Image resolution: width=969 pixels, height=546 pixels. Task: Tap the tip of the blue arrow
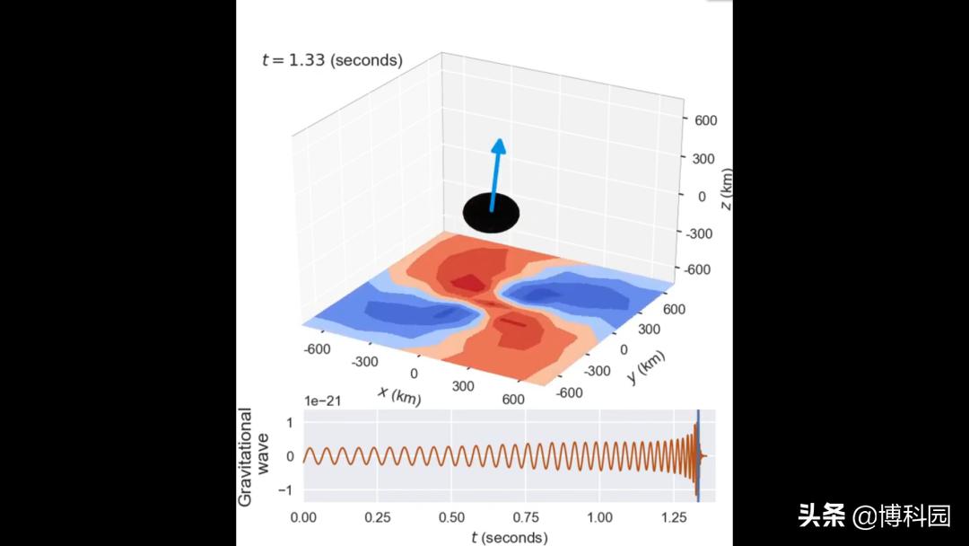coord(500,142)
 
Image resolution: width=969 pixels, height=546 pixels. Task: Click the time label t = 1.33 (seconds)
coord(332,60)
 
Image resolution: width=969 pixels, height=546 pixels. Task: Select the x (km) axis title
coord(399,394)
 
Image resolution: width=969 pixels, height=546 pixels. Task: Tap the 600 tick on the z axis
coord(704,120)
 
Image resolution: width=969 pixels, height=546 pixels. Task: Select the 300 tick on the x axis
coord(464,385)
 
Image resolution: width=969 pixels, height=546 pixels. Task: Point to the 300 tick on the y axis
coord(649,330)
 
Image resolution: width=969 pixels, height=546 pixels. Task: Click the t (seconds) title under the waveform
coord(510,537)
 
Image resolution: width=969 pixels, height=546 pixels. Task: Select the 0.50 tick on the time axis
coord(451,517)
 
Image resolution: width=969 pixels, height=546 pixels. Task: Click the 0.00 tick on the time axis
coord(303,517)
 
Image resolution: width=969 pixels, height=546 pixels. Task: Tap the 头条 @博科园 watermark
coord(874,515)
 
